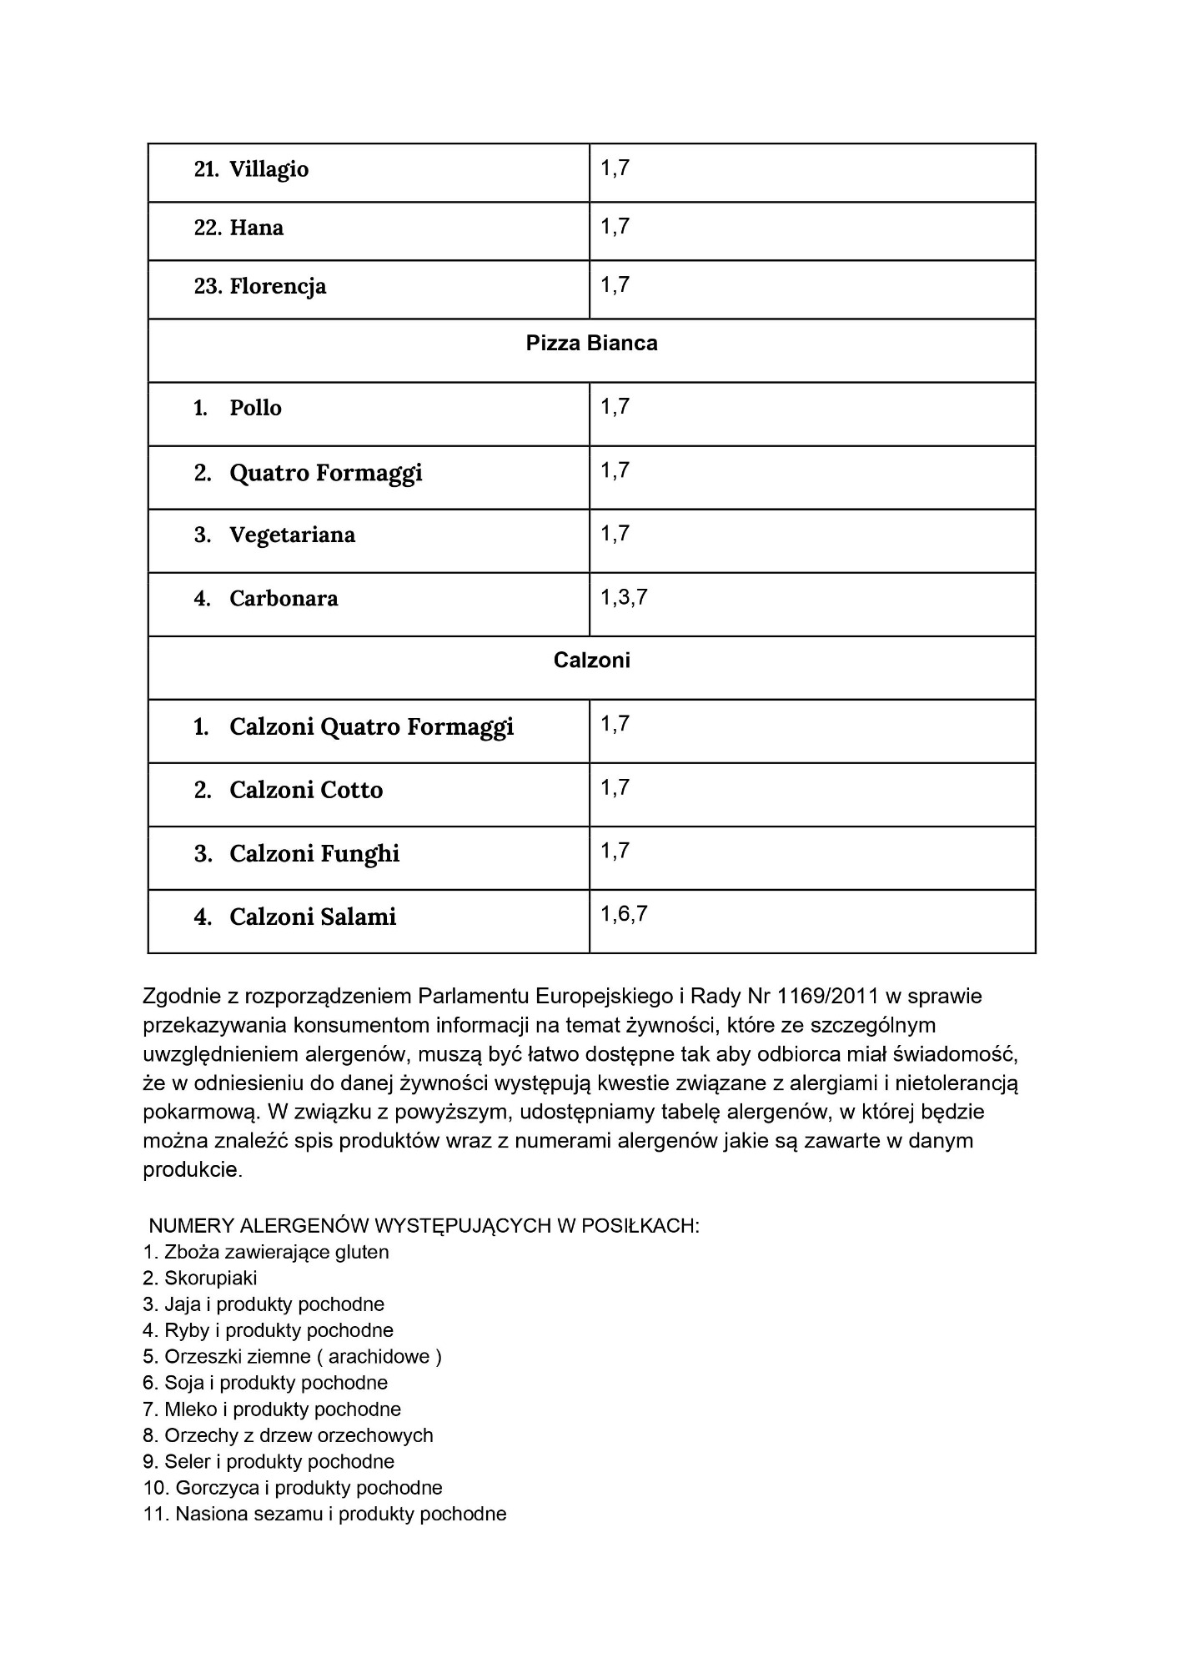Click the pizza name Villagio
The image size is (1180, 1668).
(x=269, y=169)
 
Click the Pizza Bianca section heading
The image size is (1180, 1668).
(x=591, y=344)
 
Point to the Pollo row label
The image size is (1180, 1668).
(x=255, y=408)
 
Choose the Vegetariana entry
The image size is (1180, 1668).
(x=292, y=535)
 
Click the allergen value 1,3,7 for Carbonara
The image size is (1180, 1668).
(x=624, y=597)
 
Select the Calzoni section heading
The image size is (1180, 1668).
(x=591, y=661)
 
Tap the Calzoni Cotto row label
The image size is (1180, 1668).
(x=306, y=790)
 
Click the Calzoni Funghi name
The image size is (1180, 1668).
(x=314, y=853)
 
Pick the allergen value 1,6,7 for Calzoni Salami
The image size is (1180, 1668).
(x=624, y=914)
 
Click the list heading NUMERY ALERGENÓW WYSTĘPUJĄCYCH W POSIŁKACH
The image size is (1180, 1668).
(x=424, y=1225)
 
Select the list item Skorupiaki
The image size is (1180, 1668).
(x=210, y=1278)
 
